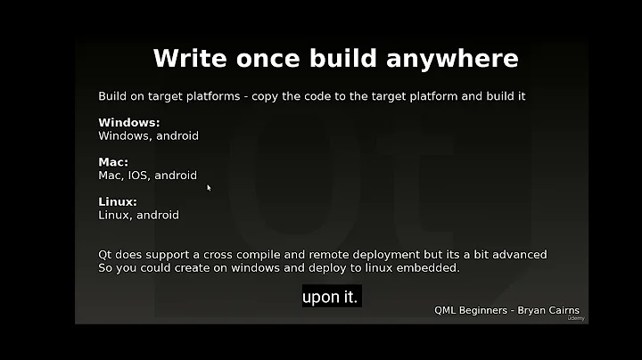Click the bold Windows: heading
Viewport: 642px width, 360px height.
pos(128,123)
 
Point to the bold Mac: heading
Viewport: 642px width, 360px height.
pos(113,162)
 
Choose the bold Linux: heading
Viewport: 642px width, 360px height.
pos(118,201)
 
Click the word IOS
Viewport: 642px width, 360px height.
pos(139,176)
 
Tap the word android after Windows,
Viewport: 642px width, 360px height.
pos(177,136)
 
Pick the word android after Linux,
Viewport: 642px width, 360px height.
pos(158,215)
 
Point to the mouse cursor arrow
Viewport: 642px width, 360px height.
pos(209,187)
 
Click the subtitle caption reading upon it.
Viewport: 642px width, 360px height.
pos(330,298)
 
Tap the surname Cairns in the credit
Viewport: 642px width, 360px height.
pos(560,311)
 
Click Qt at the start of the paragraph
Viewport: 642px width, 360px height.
pos(105,255)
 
